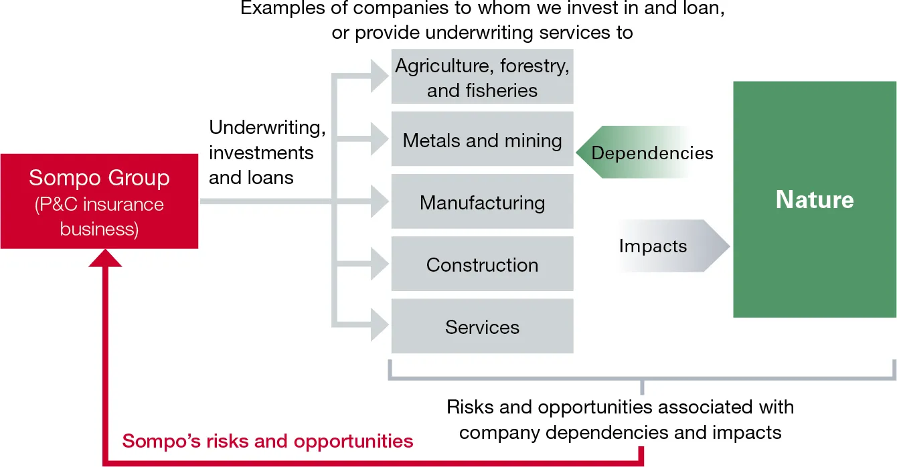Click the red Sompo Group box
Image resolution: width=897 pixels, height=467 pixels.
click(99, 201)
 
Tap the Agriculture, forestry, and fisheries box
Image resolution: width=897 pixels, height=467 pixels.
click(482, 76)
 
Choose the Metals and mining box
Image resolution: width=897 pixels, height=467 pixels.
click(482, 139)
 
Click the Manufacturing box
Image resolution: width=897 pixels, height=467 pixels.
click(482, 201)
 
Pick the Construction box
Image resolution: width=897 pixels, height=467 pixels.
click(482, 264)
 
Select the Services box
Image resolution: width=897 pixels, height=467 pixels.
click(482, 326)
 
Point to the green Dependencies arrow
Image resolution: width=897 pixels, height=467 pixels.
click(636, 153)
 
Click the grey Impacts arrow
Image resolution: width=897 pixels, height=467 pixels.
click(669, 246)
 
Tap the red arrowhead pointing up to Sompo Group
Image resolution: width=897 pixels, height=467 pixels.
click(105, 257)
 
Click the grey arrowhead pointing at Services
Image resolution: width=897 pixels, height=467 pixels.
click(379, 326)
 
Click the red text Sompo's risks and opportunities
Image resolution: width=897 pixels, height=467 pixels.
click(268, 441)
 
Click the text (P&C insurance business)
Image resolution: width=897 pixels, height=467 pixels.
click(99, 216)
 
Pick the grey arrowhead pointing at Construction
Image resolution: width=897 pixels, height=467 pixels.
click(379, 264)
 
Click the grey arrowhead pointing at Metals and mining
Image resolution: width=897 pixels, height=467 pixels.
click(379, 139)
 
